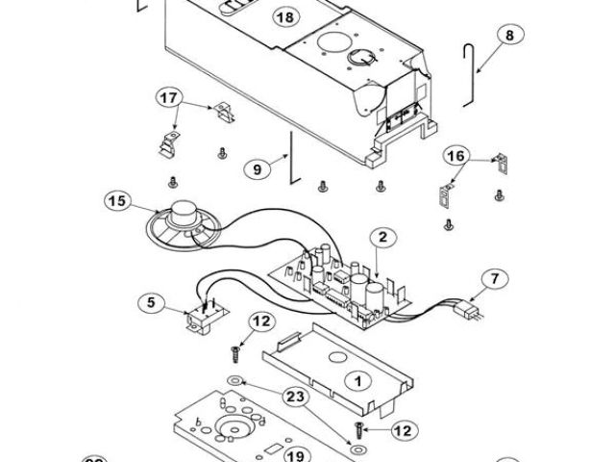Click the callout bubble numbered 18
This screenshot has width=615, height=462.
pyautogui.click(x=286, y=17)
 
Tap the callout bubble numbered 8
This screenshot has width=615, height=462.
pyautogui.click(x=509, y=36)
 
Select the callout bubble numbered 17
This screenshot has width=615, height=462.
pyautogui.click(x=169, y=97)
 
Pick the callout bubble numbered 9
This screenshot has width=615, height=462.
pyautogui.click(x=258, y=169)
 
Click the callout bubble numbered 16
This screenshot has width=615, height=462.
pyautogui.click(x=456, y=156)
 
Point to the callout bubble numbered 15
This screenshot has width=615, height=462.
pyautogui.click(x=117, y=201)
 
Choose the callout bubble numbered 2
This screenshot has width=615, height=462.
pyautogui.click(x=382, y=237)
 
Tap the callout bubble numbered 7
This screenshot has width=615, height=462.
pyautogui.click(x=495, y=278)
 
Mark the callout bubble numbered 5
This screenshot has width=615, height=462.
pyautogui.click(x=152, y=302)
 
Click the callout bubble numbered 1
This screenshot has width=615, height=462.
pyautogui.click(x=358, y=381)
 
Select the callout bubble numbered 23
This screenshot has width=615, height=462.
pyautogui.click(x=295, y=397)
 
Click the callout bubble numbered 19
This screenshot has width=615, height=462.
pyautogui.click(x=295, y=455)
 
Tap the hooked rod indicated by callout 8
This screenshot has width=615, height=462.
pyautogui.click(x=468, y=75)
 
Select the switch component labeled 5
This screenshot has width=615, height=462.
pyautogui.click(x=205, y=316)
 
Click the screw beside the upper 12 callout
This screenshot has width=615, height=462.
pyautogui.click(x=234, y=355)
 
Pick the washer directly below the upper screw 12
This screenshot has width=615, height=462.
pyautogui.click(x=234, y=380)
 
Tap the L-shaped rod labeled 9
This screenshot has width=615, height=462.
pyautogui.click(x=293, y=158)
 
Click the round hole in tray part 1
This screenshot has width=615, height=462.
pyautogui.click(x=337, y=357)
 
